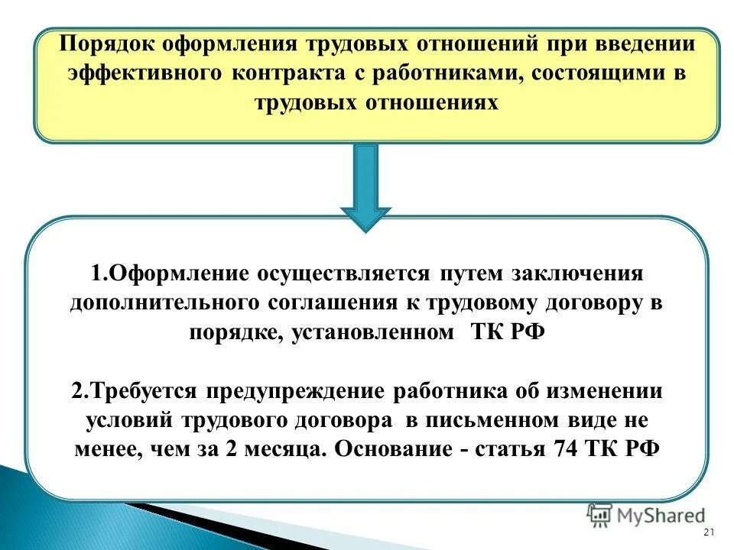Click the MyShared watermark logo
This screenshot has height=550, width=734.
[646, 516]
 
